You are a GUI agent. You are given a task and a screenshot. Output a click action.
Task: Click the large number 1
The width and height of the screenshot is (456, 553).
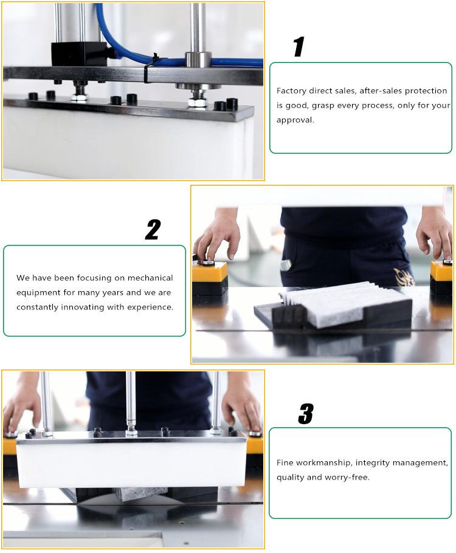(x=299, y=47)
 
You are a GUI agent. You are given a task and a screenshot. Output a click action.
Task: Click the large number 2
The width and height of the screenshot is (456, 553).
(x=153, y=230)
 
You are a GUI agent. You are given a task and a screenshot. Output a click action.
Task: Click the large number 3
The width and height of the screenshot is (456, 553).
(x=305, y=414)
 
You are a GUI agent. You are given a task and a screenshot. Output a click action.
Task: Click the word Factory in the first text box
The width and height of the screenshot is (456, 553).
(x=291, y=91)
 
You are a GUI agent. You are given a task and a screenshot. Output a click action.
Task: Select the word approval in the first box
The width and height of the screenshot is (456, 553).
(x=294, y=120)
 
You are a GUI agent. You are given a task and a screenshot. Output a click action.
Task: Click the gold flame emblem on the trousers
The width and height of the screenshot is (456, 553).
(x=402, y=276)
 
